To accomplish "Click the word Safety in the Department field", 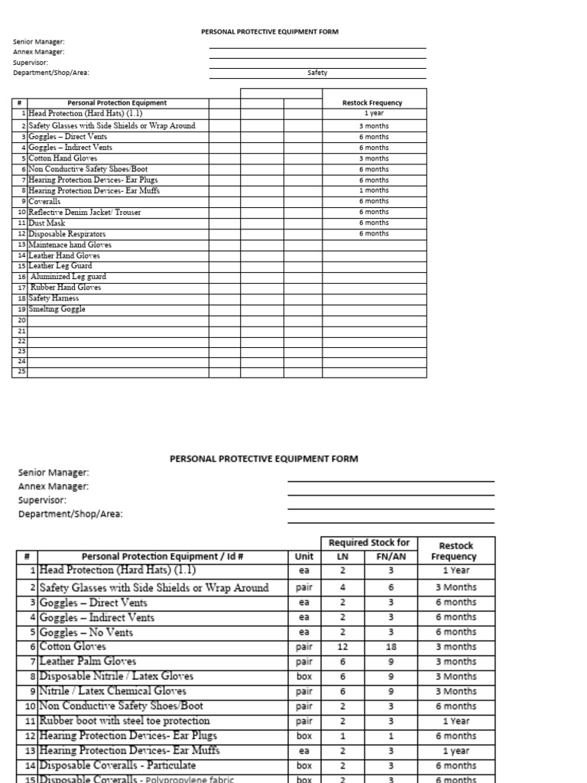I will [317, 73].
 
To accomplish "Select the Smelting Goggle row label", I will [57, 309].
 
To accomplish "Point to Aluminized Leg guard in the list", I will [68, 277].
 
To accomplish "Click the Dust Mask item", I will [47, 223].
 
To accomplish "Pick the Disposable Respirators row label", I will [66, 234].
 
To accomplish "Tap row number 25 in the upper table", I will [22, 372].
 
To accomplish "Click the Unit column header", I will [303, 557].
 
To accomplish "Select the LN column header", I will [342, 557].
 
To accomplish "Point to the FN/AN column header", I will [391, 557].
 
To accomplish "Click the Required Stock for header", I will [369, 543].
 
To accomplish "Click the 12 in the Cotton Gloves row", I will [342, 647].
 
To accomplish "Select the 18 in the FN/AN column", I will [391, 647].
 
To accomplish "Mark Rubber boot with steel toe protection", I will [125, 721].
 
